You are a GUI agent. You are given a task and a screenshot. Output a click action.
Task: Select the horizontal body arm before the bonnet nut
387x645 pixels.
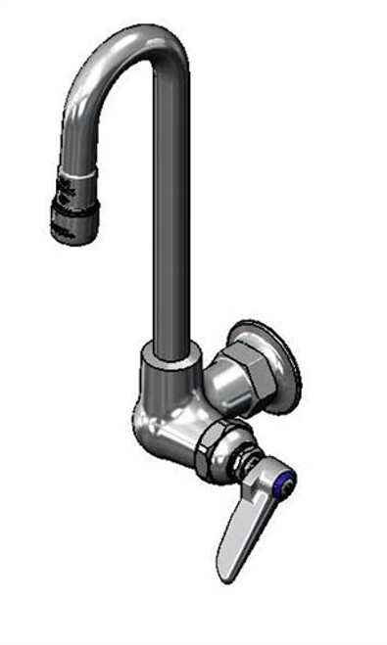click(x=181, y=437)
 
